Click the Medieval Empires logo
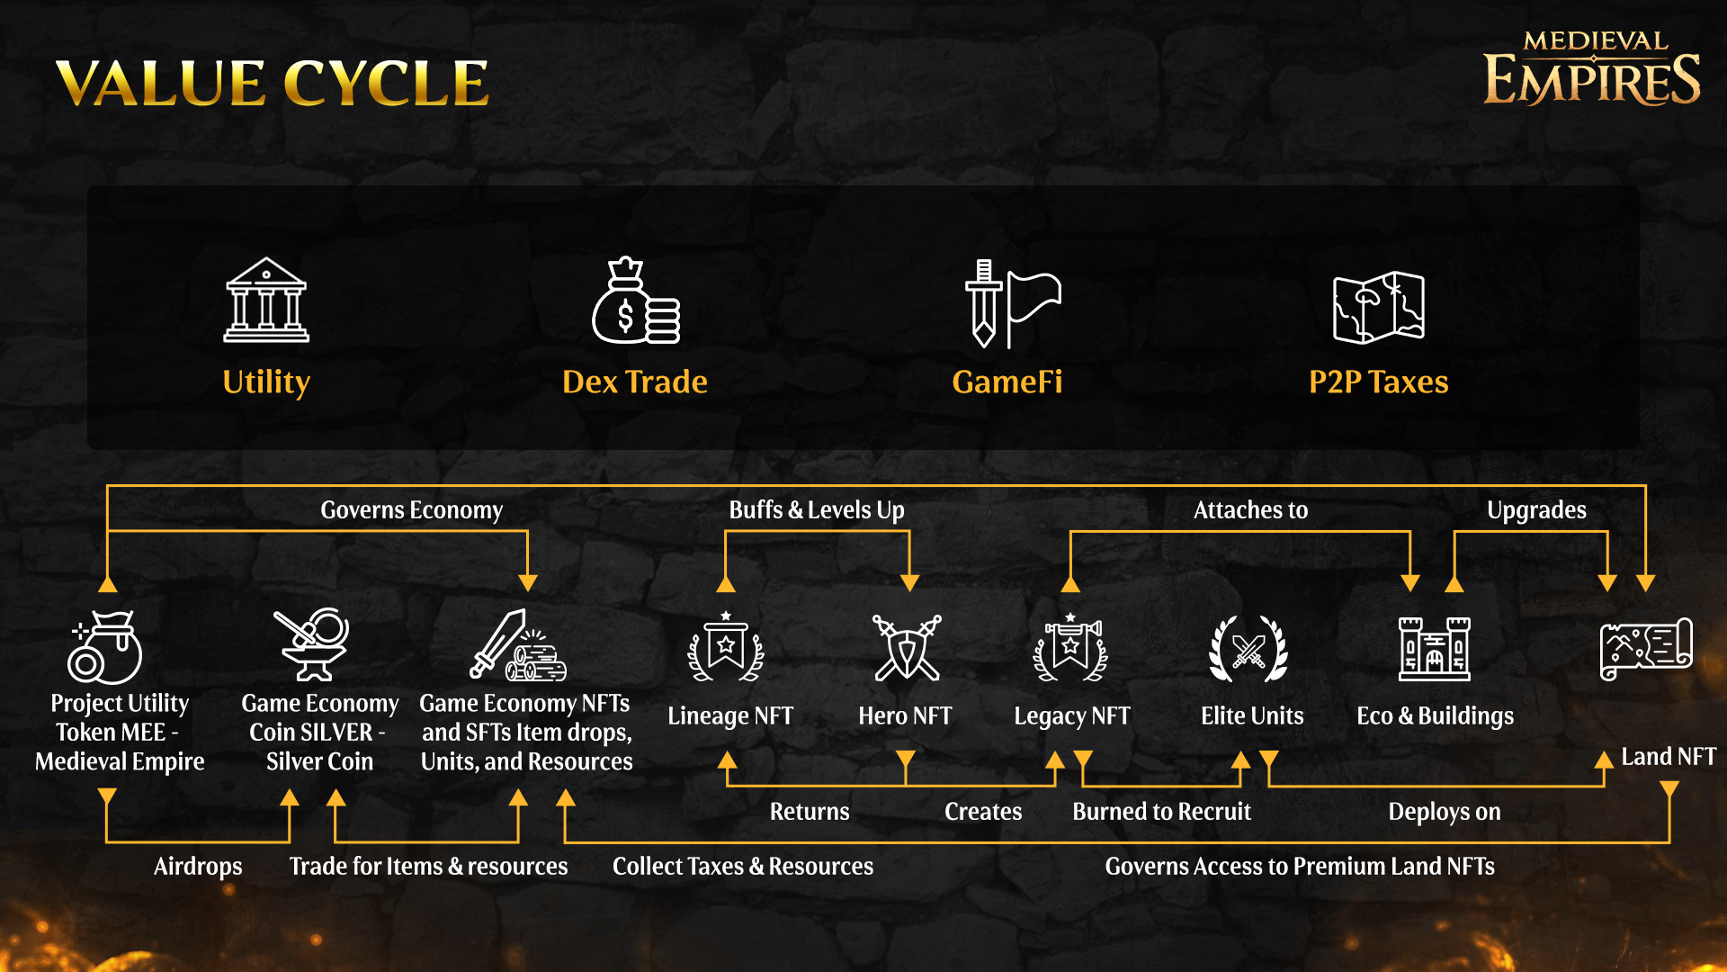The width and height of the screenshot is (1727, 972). tap(1591, 68)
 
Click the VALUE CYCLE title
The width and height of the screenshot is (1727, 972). tap(272, 83)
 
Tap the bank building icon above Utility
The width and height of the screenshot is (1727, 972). tap(266, 301)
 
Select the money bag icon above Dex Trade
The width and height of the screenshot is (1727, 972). tap(635, 301)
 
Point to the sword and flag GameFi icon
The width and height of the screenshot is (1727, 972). tap(1012, 303)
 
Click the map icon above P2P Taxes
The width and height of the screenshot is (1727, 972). tap(1378, 307)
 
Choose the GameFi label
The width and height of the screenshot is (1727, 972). tap(1007, 382)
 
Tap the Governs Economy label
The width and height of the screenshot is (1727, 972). tap(411, 510)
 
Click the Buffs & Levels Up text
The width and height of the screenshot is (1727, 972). tap(816, 510)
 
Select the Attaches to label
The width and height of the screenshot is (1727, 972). tap(1250, 510)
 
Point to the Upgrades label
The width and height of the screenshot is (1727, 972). tap(1536, 510)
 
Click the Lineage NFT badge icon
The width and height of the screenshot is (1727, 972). tap(726, 647)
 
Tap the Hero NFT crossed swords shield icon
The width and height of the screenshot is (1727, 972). tap(907, 647)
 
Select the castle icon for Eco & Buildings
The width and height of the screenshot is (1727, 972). tap(1434, 648)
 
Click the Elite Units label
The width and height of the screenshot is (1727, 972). tap(1251, 716)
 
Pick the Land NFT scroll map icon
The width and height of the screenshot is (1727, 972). tap(1646, 649)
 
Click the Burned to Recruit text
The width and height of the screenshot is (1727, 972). tap(1161, 812)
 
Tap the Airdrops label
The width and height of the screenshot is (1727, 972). tap(198, 867)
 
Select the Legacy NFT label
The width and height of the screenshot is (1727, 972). tap(1071, 716)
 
